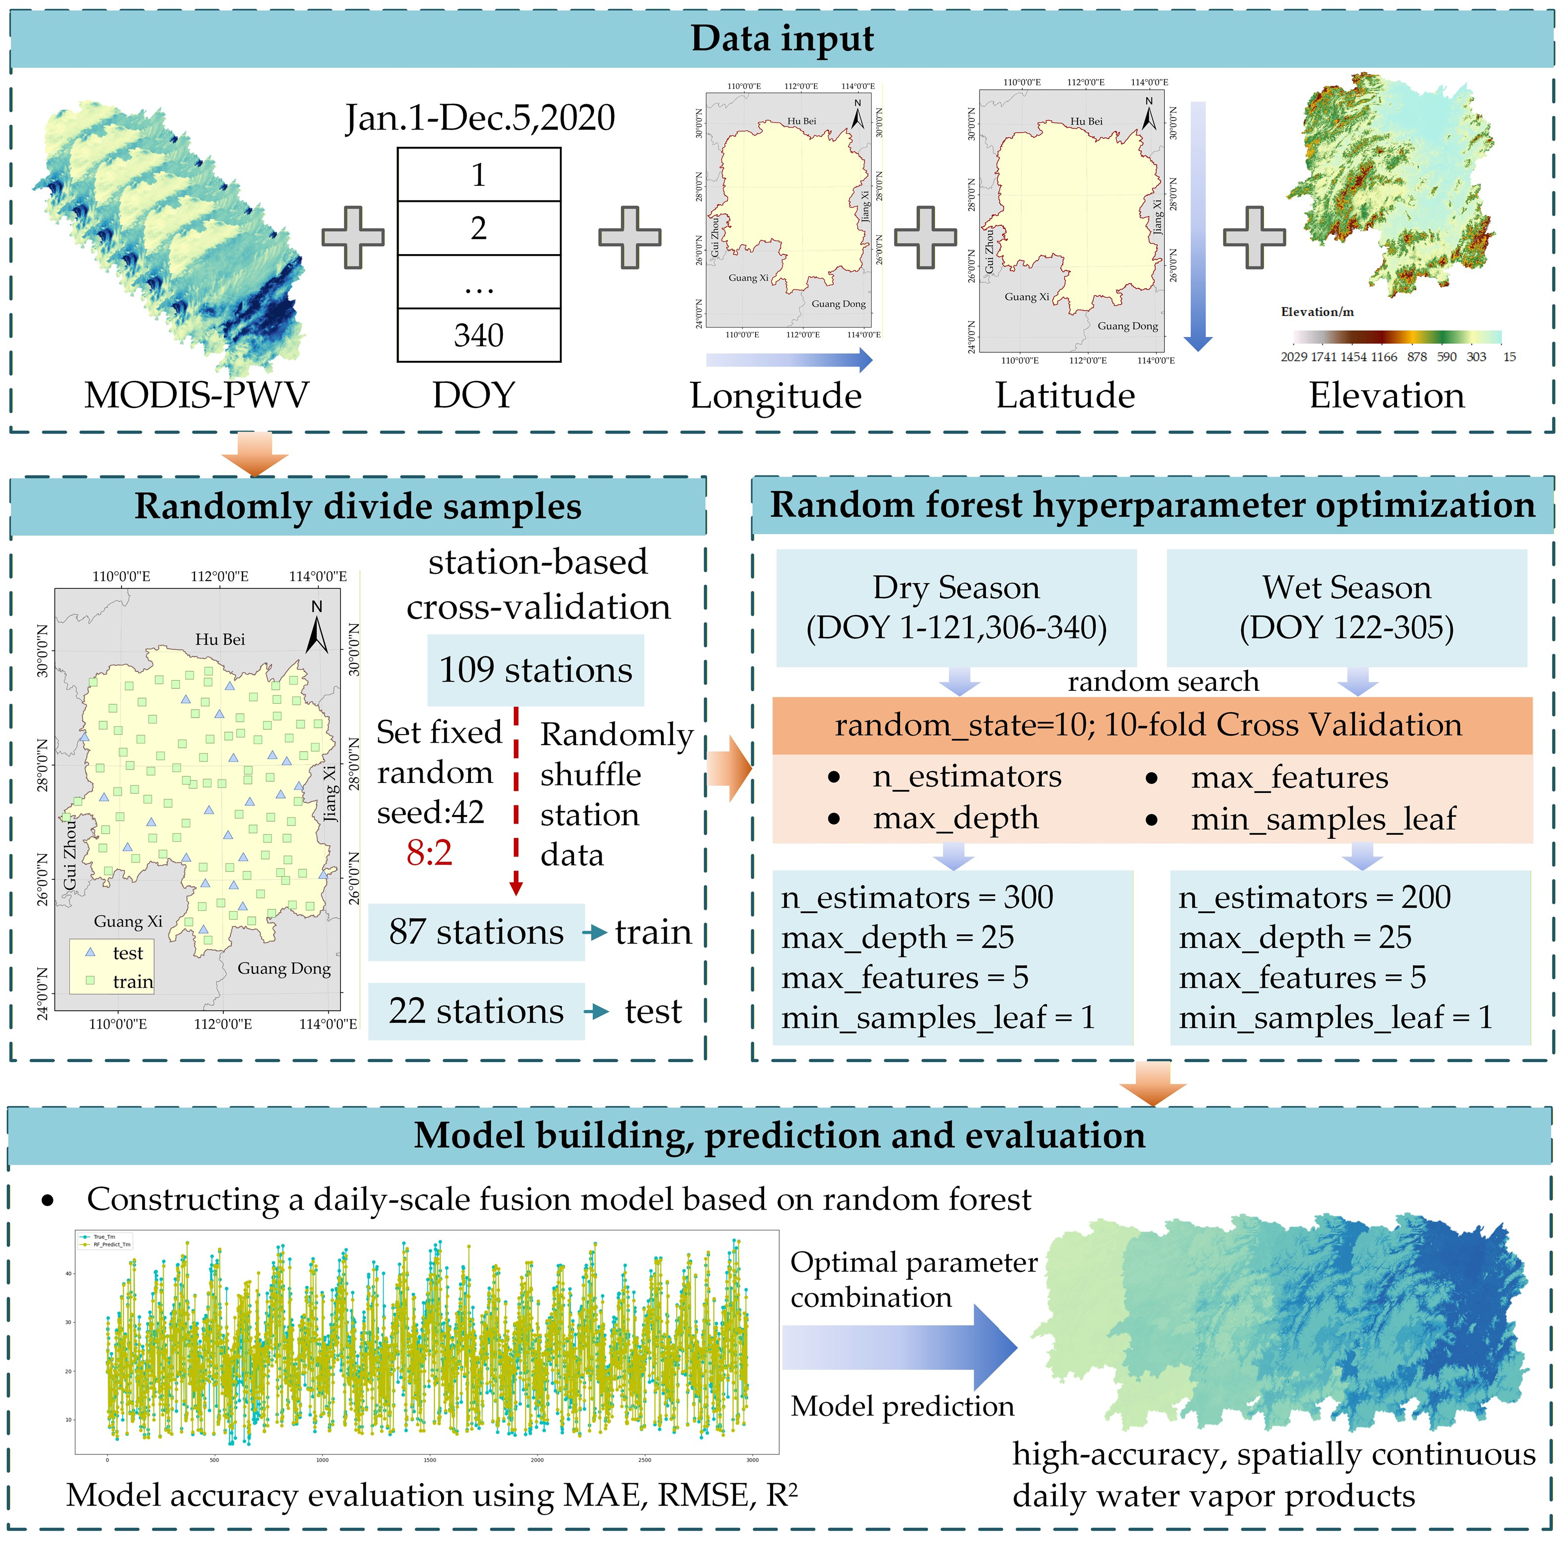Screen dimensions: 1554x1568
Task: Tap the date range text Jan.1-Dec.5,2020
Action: click(479, 118)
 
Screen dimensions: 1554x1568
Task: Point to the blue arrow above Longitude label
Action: click(788, 359)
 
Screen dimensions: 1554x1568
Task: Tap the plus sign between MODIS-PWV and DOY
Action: click(353, 237)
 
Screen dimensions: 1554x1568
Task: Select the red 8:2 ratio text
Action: click(429, 853)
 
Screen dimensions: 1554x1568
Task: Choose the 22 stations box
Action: click(476, 1011)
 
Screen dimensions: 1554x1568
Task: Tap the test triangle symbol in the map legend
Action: click(91, 952)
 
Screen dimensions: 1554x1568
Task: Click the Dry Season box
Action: click(955, 608)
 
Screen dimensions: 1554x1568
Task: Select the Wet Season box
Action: click(1346, 608)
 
